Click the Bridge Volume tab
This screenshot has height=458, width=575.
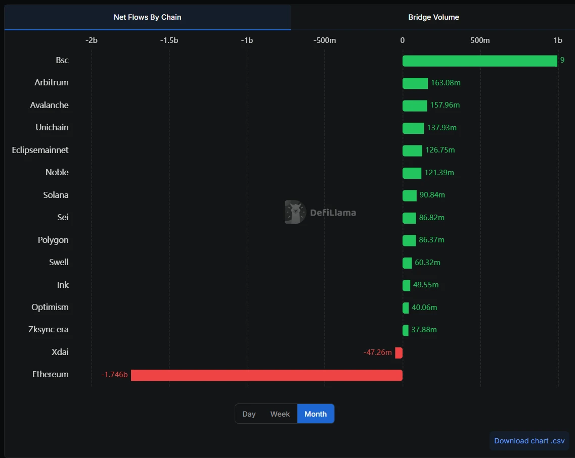433,17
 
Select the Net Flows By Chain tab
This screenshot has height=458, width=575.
147,17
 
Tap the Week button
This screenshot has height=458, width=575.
280,414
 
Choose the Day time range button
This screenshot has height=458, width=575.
249,414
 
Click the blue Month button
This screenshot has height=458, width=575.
316,414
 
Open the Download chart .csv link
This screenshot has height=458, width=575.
529,441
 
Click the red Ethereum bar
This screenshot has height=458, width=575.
267,375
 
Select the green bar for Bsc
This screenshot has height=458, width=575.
479,61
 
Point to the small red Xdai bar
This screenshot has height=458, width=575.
399,353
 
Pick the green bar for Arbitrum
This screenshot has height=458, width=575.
415,83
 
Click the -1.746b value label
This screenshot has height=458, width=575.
114,375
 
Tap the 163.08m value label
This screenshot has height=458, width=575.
445,83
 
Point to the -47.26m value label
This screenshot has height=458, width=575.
377,352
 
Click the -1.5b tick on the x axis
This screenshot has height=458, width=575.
169,40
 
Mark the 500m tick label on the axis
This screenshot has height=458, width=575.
480,40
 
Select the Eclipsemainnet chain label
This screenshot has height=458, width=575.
40,150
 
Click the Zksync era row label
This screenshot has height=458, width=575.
49,330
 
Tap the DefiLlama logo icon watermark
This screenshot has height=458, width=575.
295,212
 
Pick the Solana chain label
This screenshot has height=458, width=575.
56,195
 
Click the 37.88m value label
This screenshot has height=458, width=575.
424,330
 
